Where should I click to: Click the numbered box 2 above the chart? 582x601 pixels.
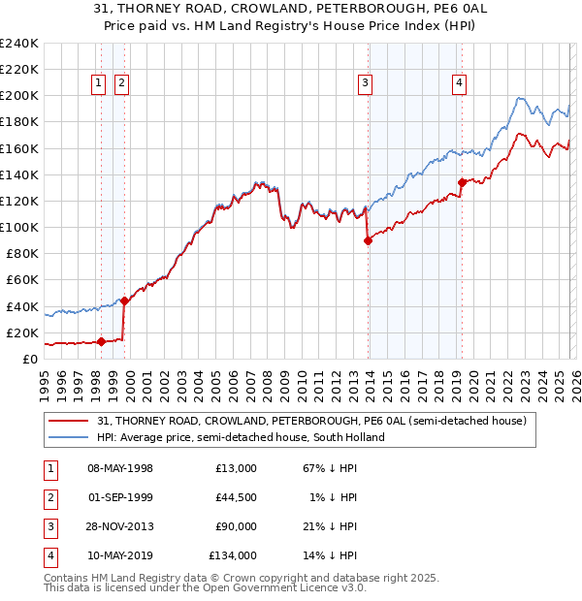pyautogui.click(x=121, y=84)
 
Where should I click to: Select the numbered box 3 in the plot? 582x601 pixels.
pyautogui.click(x=365, y=84)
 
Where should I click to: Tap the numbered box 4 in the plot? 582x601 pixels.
pyautogui.click(x=458, y=84)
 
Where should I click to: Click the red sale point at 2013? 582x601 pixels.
pyautogui.click(x=368, y=240)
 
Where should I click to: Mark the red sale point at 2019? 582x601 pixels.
pyautogui.click(x=461, y=182)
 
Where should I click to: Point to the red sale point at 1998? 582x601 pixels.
pyautogui.click(x=101, y=341)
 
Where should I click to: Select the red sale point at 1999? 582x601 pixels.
pyautogui.click(x=124, y=300)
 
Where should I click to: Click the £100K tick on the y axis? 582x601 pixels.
pyautogui.click(x=19, y=227)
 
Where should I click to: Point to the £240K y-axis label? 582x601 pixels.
pyautogui.click(x=19, y=44)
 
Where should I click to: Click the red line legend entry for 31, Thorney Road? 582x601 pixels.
pyautogui.click(x=311, y=422)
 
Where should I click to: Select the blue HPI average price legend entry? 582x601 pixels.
pyautogui.click(x=241, y=437)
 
